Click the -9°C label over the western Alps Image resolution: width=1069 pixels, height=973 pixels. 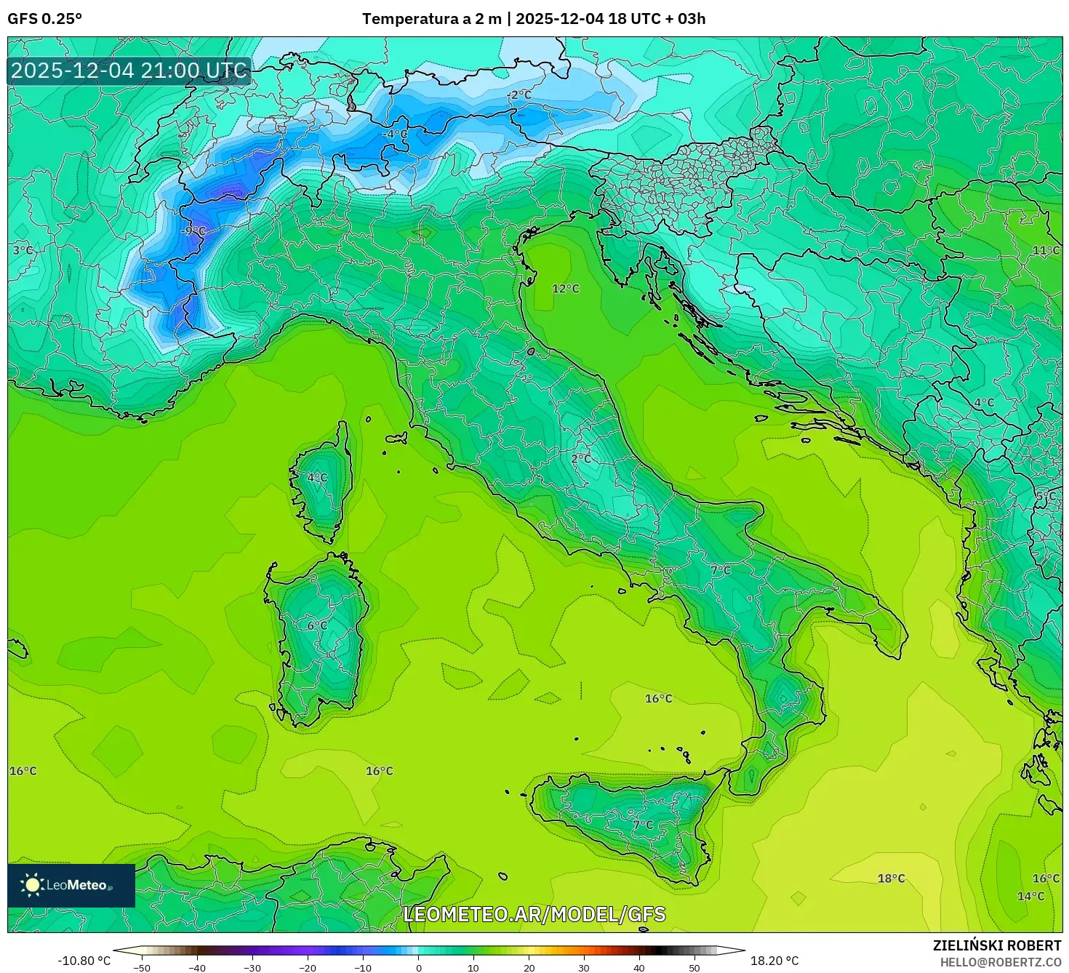pos(193,231)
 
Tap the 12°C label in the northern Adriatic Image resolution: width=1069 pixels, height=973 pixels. pos(566,289)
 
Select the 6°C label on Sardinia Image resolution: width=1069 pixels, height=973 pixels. pos(317,625)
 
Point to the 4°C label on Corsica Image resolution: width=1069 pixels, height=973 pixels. pos(317,478)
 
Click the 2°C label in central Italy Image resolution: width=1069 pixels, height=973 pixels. pos(581,459)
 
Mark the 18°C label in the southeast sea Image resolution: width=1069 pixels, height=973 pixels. pos(891,878)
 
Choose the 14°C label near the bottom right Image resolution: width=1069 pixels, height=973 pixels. pos(1030,896)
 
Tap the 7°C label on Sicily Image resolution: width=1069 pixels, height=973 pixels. pos(643,825)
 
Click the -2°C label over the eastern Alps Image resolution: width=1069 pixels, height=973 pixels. pos(519,95)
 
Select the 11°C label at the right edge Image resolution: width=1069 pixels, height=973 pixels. pos(1046,250)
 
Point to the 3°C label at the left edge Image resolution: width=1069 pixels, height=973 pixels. pos(23,250)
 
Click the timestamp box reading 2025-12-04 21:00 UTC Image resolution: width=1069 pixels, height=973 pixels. pos(129,71)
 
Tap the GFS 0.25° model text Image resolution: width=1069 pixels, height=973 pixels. pos(44,19)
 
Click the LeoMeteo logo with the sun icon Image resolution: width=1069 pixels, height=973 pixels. pos(71,885)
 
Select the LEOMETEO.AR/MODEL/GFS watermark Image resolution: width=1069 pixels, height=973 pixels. pos(534,914)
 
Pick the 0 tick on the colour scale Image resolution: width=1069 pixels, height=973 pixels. pos(418,968)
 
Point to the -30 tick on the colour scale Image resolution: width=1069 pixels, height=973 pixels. pos(252,968)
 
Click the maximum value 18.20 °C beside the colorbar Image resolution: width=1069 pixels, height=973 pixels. pos(774,961)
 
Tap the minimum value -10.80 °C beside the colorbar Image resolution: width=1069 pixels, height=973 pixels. pos(84,961)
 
